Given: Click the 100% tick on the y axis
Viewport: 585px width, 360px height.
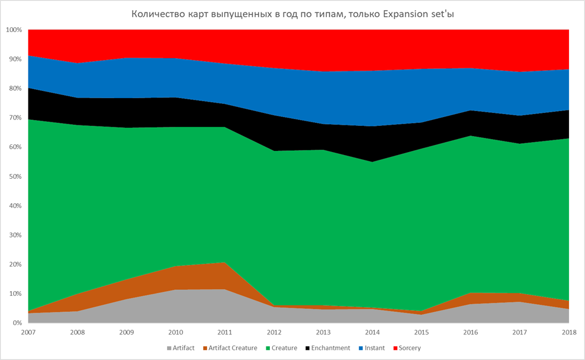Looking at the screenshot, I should (14, 30).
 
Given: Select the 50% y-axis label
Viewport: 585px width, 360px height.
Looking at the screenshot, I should (15, 176).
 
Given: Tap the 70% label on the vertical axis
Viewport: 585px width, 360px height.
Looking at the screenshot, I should (15, 118).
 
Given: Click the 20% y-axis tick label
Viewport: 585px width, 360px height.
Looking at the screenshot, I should (15, 264).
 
